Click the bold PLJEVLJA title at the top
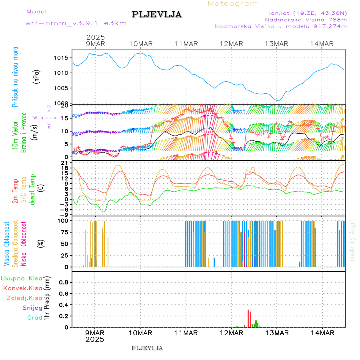pos(156,14)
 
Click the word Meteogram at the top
pos(233,4)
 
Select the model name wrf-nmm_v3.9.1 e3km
pos(76,23)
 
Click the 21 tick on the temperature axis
pos(64,162)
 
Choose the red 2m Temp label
pos(15,191)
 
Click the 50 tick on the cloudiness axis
pos(64,244)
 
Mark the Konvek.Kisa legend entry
pos(22,288)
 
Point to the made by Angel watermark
pos(352,240)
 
